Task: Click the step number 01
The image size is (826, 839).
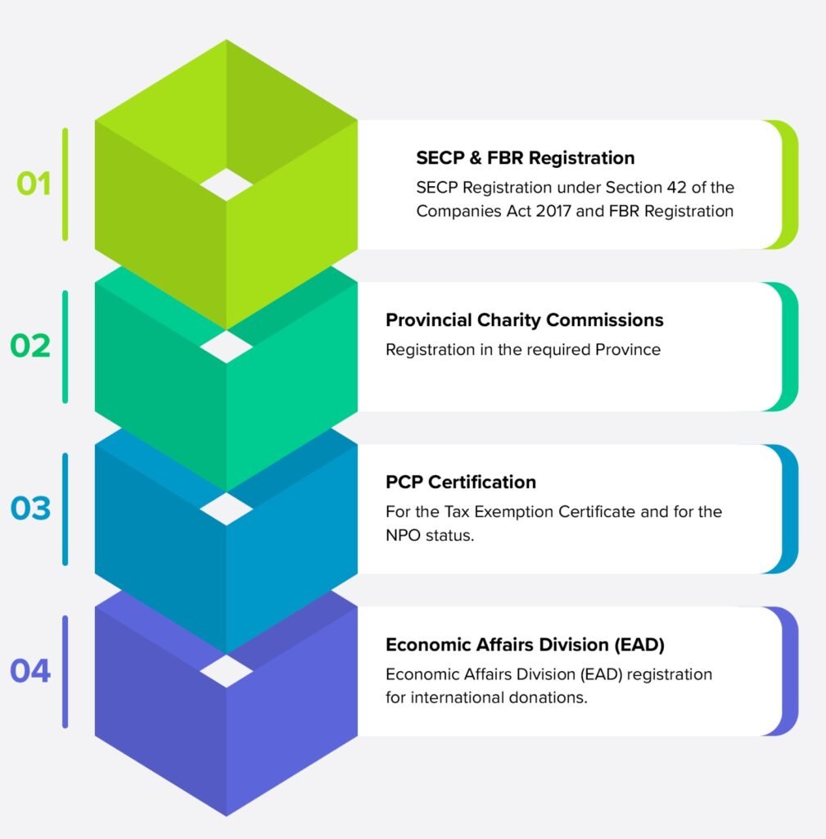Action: click(34, 184)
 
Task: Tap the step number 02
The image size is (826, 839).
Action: click(30, 346)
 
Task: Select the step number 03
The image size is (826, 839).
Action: click(30, 508)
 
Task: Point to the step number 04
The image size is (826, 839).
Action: click(30, 671)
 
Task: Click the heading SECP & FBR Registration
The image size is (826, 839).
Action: click(525, 157)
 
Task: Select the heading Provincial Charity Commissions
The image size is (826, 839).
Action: click(524, 320)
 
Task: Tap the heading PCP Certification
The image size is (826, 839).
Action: click(461, 482)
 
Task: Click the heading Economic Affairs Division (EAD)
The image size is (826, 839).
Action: click(525, 645)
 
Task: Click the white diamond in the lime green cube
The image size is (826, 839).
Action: click(227, 184)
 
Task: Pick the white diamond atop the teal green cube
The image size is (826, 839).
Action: click(227, 347)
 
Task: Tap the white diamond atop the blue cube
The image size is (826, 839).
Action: click(227, 509)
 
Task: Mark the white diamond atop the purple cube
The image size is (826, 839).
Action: click(227, 671)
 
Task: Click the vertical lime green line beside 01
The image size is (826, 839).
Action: click(65, 184)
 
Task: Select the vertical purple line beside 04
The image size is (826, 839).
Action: click(65, 671)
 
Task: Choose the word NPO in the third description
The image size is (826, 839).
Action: click(403, 536)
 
